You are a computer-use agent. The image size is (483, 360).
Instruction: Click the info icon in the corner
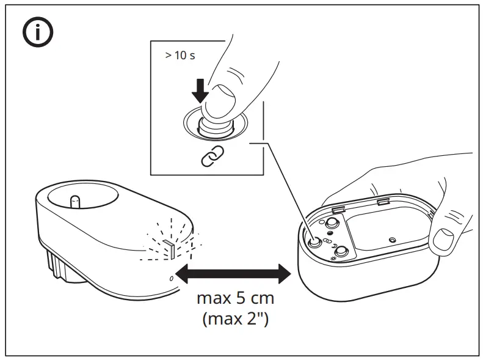[38, 34]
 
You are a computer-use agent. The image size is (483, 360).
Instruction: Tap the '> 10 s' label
[179, 55]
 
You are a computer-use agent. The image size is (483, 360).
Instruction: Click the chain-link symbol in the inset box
[212, 157]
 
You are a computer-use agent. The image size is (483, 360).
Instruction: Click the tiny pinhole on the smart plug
[171, 279]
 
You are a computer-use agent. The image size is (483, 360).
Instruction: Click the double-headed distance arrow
[233, 273]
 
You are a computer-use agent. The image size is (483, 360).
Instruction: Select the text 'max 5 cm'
[236, 299]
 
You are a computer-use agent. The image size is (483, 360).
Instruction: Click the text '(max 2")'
[236, 318]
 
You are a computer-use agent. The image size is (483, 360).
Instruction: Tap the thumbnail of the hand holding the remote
[445, 237]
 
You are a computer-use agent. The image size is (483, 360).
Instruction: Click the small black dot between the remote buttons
[330, 233]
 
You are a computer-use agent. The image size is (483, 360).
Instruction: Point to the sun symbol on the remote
[333, 259]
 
